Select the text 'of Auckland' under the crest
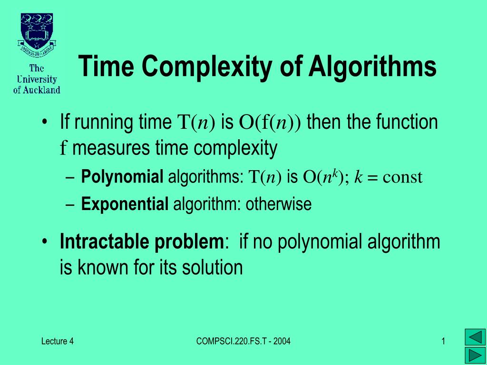pos(37,89)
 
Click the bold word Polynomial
pos(122,177)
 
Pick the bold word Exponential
pos(125,204)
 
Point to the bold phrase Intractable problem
pos(141,242)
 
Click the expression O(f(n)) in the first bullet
pos(270,123)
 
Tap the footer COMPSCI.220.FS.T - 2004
pos(243,341)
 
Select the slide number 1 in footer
pos(443,341)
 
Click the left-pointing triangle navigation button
pos(475,337)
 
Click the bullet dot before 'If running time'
pos(44,122)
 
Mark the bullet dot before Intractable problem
pos(44,242)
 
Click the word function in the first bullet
pos(407,123)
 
